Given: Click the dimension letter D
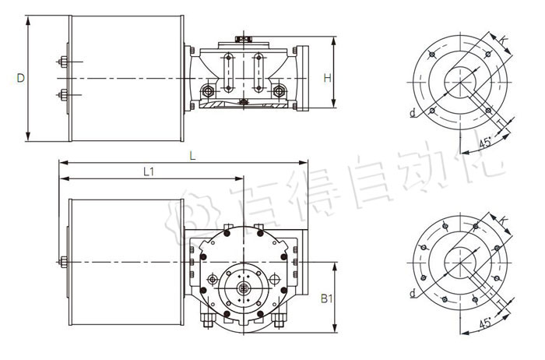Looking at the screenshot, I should [x=21, y=77].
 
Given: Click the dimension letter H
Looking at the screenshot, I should [x=328, y=78].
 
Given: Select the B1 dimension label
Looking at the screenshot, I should [x=328, y=297].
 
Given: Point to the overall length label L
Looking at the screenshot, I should [x=193, y=157].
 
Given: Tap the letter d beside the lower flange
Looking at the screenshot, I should [x=411, y=294].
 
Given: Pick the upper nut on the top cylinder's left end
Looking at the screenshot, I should [x=61, y=61].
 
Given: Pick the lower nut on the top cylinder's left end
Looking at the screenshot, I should [x=61, y=96].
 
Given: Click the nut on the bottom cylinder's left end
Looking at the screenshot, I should [x=61, y=262].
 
